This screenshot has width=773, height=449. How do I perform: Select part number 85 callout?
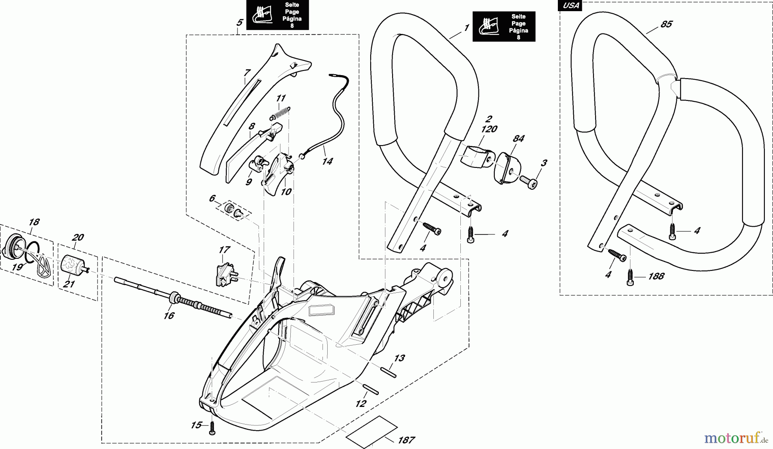666,24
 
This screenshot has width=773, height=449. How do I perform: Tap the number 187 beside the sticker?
406,440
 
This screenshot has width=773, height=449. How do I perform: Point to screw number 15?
211,429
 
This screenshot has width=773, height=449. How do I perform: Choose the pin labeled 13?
388,371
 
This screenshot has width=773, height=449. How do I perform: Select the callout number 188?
656,276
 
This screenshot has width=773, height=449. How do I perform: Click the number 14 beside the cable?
327,161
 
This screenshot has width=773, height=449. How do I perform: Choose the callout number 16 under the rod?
169,316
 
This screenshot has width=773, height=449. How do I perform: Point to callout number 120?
490,129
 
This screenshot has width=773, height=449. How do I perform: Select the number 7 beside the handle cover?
247,73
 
